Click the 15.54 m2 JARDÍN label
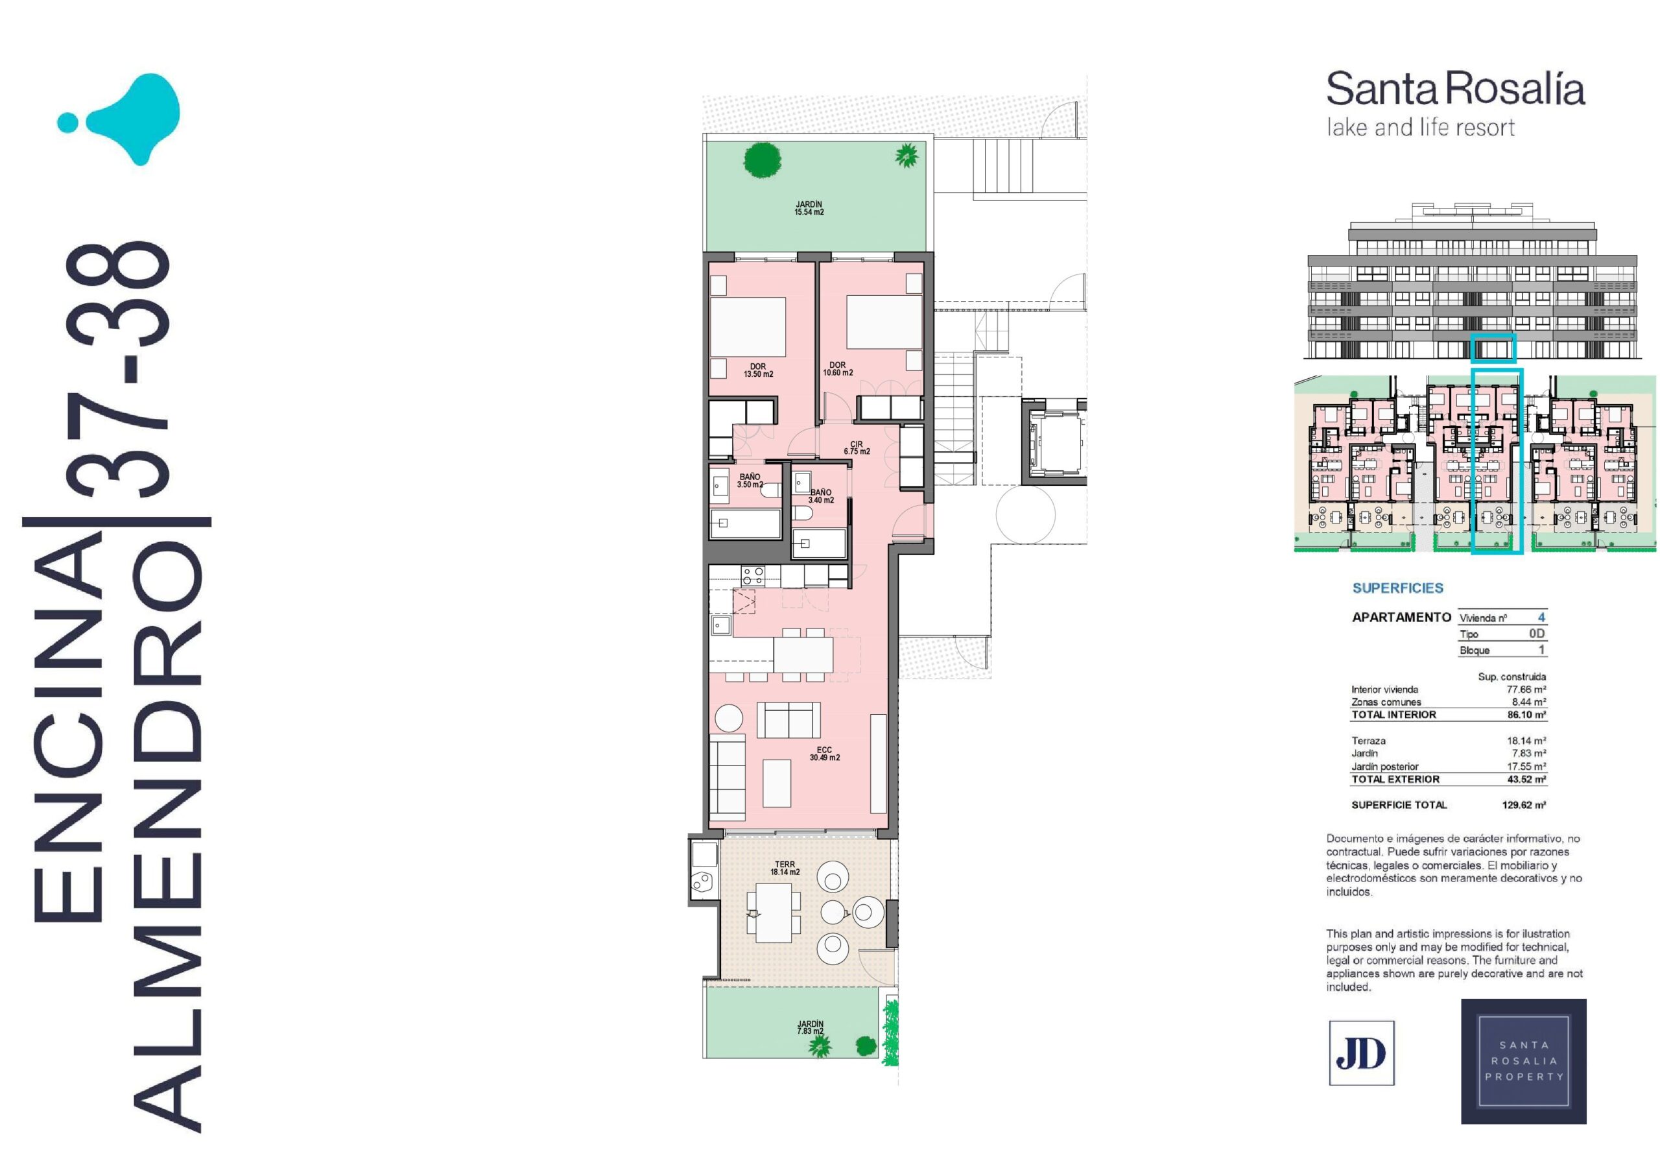point(809,208)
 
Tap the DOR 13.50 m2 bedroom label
point(758,370)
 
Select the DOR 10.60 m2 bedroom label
point(837,369)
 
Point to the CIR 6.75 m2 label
point(857,448)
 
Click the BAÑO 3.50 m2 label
point(750,481)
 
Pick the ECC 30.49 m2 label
point(824,754)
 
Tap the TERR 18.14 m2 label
point(785,868)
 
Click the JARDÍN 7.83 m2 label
point(810,1027)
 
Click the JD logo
point(1362,1053)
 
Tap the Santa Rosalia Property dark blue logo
point(1523,1061)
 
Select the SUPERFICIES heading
point(1397,588)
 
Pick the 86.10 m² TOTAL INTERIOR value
point(1526,714)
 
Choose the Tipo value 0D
point(1536,633)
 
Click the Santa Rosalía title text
point(1455,90)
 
